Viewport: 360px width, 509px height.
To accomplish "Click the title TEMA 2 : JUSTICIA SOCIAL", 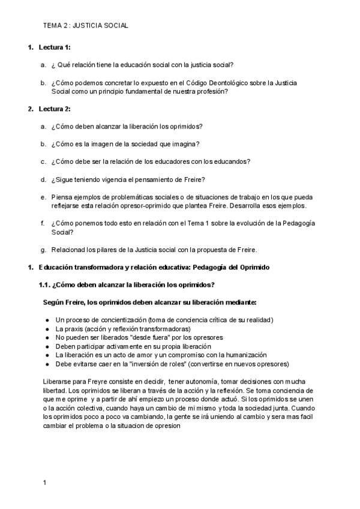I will click(x=86, y=26).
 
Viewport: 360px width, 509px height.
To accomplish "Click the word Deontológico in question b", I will click(x=229, y=83).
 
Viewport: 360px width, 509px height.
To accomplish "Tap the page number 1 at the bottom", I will click(x=45, y=482).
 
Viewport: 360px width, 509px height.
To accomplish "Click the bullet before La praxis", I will click(x=47, y=329).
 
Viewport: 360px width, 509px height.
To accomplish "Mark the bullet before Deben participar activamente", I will click(x=47, y=346).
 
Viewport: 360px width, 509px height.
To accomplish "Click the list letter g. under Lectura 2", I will click(x=43, y=250).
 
